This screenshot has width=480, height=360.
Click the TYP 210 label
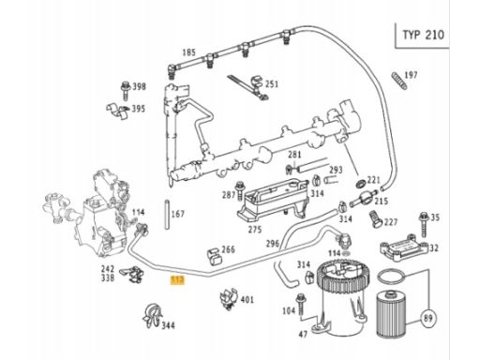tap(423, 35)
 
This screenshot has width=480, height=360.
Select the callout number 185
tap(188, 52)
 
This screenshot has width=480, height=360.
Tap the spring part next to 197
tap(399, 81)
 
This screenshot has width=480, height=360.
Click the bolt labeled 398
tap(126, 91)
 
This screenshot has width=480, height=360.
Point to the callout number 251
tap(272, 84)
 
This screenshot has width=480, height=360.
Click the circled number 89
tap(428, 319)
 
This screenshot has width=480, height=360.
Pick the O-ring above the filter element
tap(391, 277)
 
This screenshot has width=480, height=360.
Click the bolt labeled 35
tap(424, 224)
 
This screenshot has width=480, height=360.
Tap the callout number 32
tap(434, 247)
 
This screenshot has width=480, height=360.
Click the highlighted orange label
tap(177, 280)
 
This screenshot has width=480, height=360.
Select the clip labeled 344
tap(152, 316)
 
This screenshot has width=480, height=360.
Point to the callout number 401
tap(247, 300)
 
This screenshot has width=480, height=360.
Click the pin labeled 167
tap(167, 215)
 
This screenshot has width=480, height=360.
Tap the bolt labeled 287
tap(240, 190)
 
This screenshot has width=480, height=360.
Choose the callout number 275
tap(255, 230)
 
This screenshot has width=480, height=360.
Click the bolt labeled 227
tap(375, 219)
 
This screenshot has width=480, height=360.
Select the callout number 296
tap(272, 244)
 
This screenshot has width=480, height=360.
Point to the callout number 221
tap(373, 180)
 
